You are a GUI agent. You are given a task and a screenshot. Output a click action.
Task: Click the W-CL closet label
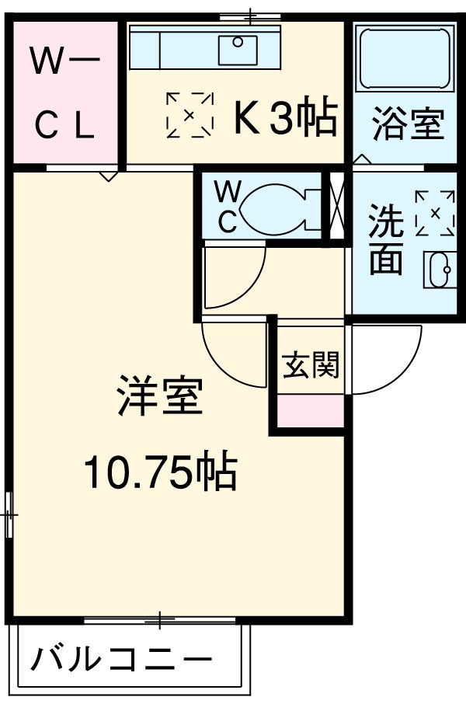coord(64,92)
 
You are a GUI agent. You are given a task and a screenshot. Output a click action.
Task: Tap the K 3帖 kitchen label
coord(284,118)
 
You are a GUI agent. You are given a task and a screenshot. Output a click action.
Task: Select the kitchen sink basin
coord(238,48)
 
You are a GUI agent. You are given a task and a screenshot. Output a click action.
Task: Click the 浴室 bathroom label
coord(407,124)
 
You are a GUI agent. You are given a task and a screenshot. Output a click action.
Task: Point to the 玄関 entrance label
coord(311,364)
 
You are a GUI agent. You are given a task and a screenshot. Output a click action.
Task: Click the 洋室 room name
coord(160,397)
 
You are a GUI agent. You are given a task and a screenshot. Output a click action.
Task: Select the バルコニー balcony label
coord(122,660)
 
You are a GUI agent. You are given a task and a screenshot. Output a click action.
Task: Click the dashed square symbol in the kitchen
coord(190,115)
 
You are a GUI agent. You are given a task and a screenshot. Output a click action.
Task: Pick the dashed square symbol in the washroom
coord(435,213)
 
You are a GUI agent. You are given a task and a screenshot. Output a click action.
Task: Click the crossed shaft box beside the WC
coord(336,205)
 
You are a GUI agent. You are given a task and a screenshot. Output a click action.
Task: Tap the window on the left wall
coord(9,514)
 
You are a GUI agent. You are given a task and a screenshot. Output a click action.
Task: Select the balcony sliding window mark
coord(159,619)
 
